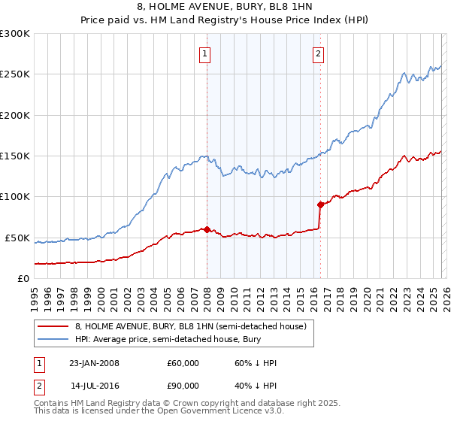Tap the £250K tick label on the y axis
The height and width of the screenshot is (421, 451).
pos(15,74)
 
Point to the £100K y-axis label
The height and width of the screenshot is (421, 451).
pos(15,197)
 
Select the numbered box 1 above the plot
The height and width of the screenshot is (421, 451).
pos(204,53)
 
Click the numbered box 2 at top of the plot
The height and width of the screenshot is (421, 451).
pos(319,53)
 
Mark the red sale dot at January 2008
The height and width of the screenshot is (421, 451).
pos(207,229)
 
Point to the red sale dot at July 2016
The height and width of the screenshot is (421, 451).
pos(320,204)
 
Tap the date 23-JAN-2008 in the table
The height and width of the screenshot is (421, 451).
pos(94,363)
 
